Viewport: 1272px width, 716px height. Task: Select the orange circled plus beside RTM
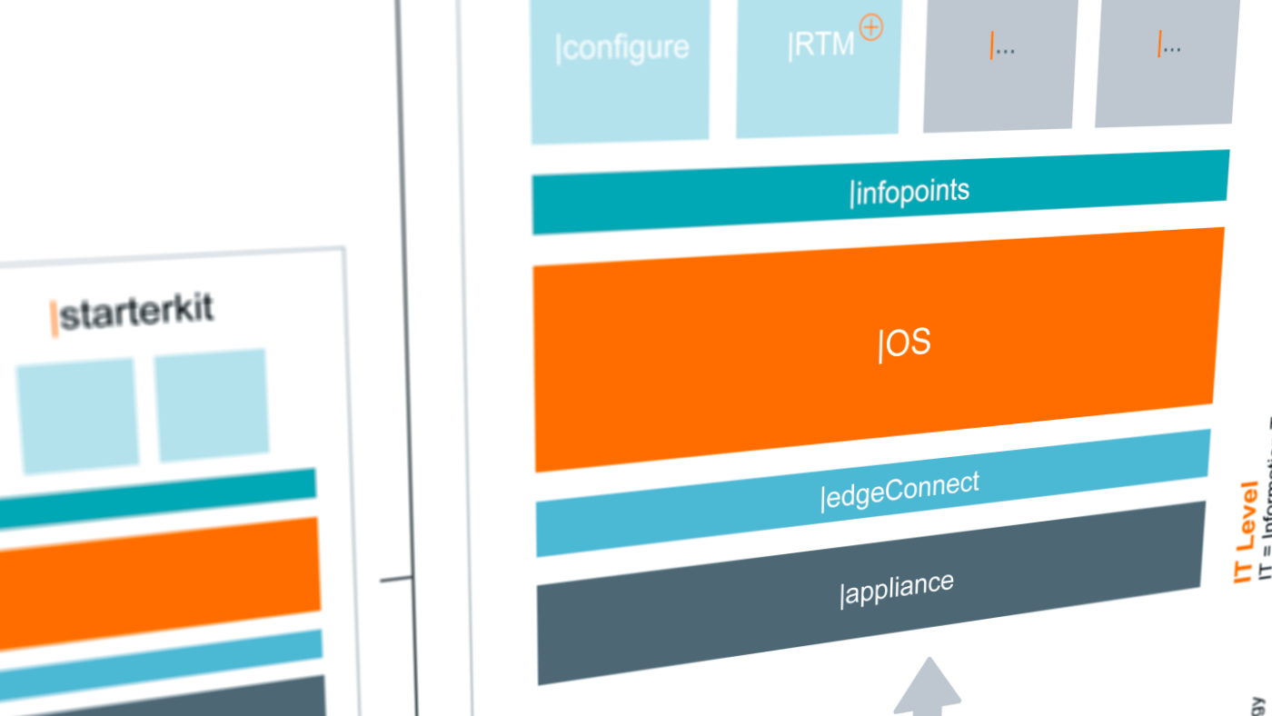pyautogui.click(x=870, y=28)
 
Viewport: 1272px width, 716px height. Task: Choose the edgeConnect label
pyautogui.click(x=900, y=490)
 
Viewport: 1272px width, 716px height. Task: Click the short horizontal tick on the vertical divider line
pyautogui.click(x=396, y=579)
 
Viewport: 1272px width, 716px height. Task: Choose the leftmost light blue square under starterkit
pyautogui.click(x=76, y=414)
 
